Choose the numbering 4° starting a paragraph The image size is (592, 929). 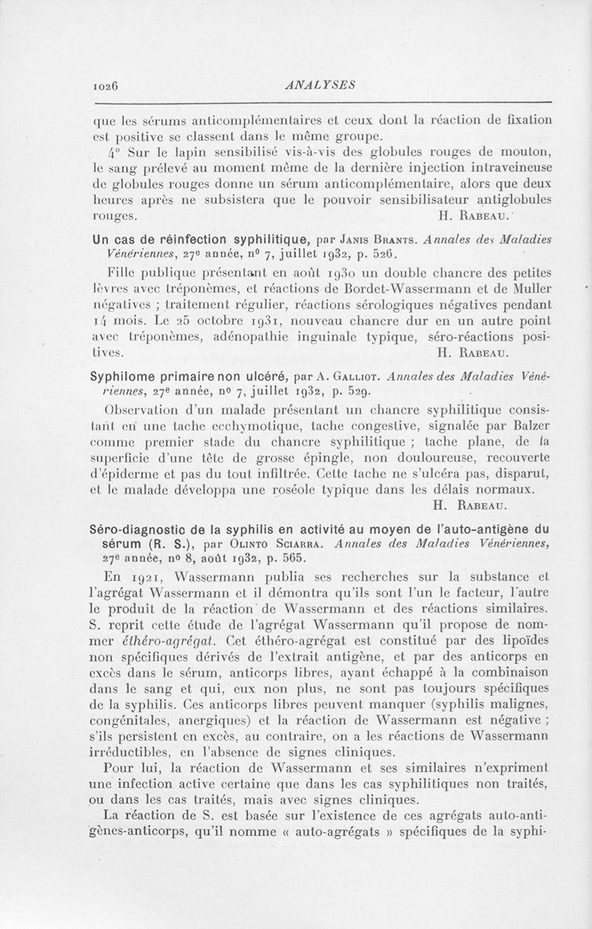[111, 153]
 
